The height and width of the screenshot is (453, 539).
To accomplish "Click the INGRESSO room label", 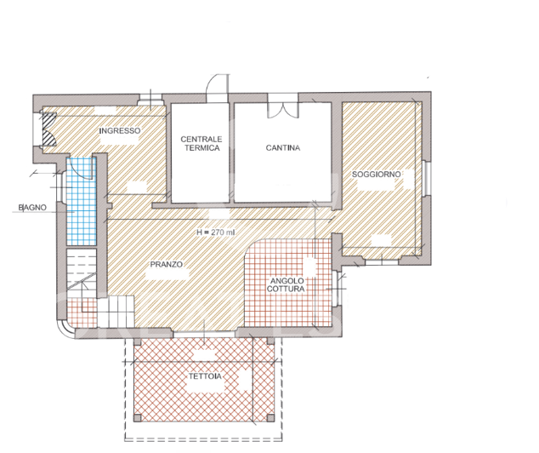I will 119,131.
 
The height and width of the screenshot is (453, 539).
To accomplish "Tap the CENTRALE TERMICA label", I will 201,142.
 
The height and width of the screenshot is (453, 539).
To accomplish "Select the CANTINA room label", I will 282,148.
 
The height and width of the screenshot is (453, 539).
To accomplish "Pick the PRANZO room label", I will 167,265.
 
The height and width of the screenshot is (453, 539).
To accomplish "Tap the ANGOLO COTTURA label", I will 287,285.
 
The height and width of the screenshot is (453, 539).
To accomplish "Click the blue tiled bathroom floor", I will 79,213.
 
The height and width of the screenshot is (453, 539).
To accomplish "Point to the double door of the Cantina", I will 281,110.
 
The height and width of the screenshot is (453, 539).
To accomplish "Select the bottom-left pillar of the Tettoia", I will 134,418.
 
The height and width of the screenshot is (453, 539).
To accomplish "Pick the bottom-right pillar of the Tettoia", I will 270,418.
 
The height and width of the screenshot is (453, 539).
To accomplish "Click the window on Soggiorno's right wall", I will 427,176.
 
